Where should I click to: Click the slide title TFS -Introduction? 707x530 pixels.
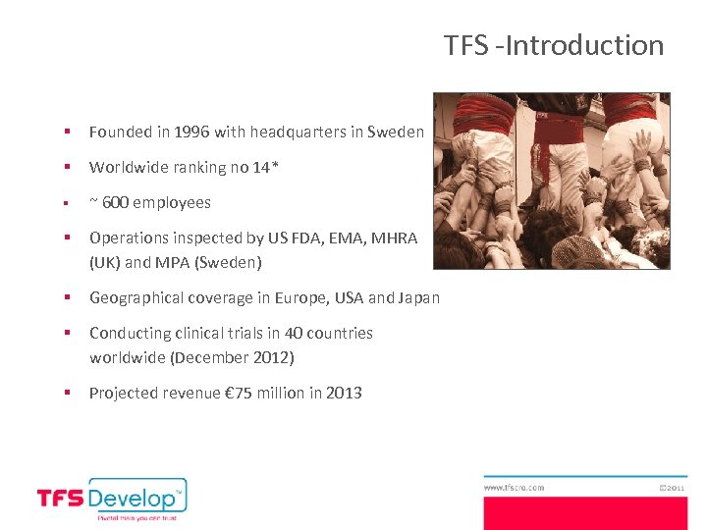554,45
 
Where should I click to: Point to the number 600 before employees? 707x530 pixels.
114,202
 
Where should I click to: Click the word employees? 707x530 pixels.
172,202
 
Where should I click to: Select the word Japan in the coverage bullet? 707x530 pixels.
419,297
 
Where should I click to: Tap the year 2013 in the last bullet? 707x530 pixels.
343,393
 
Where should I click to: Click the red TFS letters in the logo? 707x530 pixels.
60,498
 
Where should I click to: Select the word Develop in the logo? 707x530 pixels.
136,498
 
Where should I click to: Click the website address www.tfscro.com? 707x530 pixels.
514,487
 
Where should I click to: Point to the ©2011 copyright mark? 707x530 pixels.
670,487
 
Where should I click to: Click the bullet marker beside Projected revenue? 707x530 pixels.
68,393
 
